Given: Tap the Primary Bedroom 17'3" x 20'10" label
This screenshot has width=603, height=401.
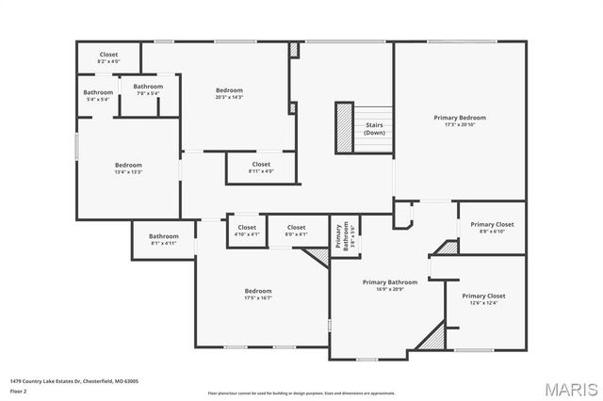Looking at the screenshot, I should (x=460, y=121).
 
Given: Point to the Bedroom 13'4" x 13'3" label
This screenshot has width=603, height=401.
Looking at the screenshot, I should (x=128, y=168).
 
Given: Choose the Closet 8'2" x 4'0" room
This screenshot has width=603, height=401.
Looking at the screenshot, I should (x=107, y=57).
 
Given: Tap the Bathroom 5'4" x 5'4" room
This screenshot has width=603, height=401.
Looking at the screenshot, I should (x=98, y=95).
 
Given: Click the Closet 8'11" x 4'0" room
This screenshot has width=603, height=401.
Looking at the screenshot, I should (x=261, y=168).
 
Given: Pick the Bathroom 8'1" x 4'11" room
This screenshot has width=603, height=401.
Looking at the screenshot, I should (x=163, y=239).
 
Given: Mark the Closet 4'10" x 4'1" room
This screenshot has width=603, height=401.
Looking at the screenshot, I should (x=246, y=231).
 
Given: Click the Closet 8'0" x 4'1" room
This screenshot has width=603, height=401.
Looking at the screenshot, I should (x=296, y=231).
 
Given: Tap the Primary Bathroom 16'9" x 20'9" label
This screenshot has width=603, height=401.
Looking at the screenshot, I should (x=389, y=285).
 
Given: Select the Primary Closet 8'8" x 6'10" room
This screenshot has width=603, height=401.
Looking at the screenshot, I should (x=492, y=228).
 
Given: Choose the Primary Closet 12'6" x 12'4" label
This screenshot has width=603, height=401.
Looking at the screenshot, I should (x=483, y=299).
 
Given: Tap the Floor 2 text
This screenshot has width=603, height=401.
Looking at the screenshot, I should (x=17, y=390).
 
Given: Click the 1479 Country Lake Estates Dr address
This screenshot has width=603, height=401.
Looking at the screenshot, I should (x=74, y=381).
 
